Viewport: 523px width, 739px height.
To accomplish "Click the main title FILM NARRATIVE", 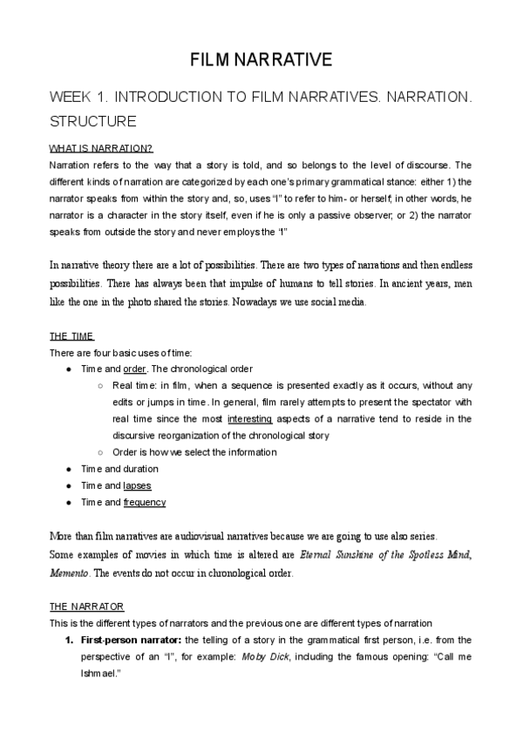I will [x=261, y=60].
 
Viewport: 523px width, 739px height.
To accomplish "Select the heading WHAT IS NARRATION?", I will [x=101, y=149].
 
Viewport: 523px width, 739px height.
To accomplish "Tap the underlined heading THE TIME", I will [x=71, y=336].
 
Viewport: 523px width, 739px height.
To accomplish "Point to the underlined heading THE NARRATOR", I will [x=86, y=606].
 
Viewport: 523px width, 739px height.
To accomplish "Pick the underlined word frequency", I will [x=145, y=502].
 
